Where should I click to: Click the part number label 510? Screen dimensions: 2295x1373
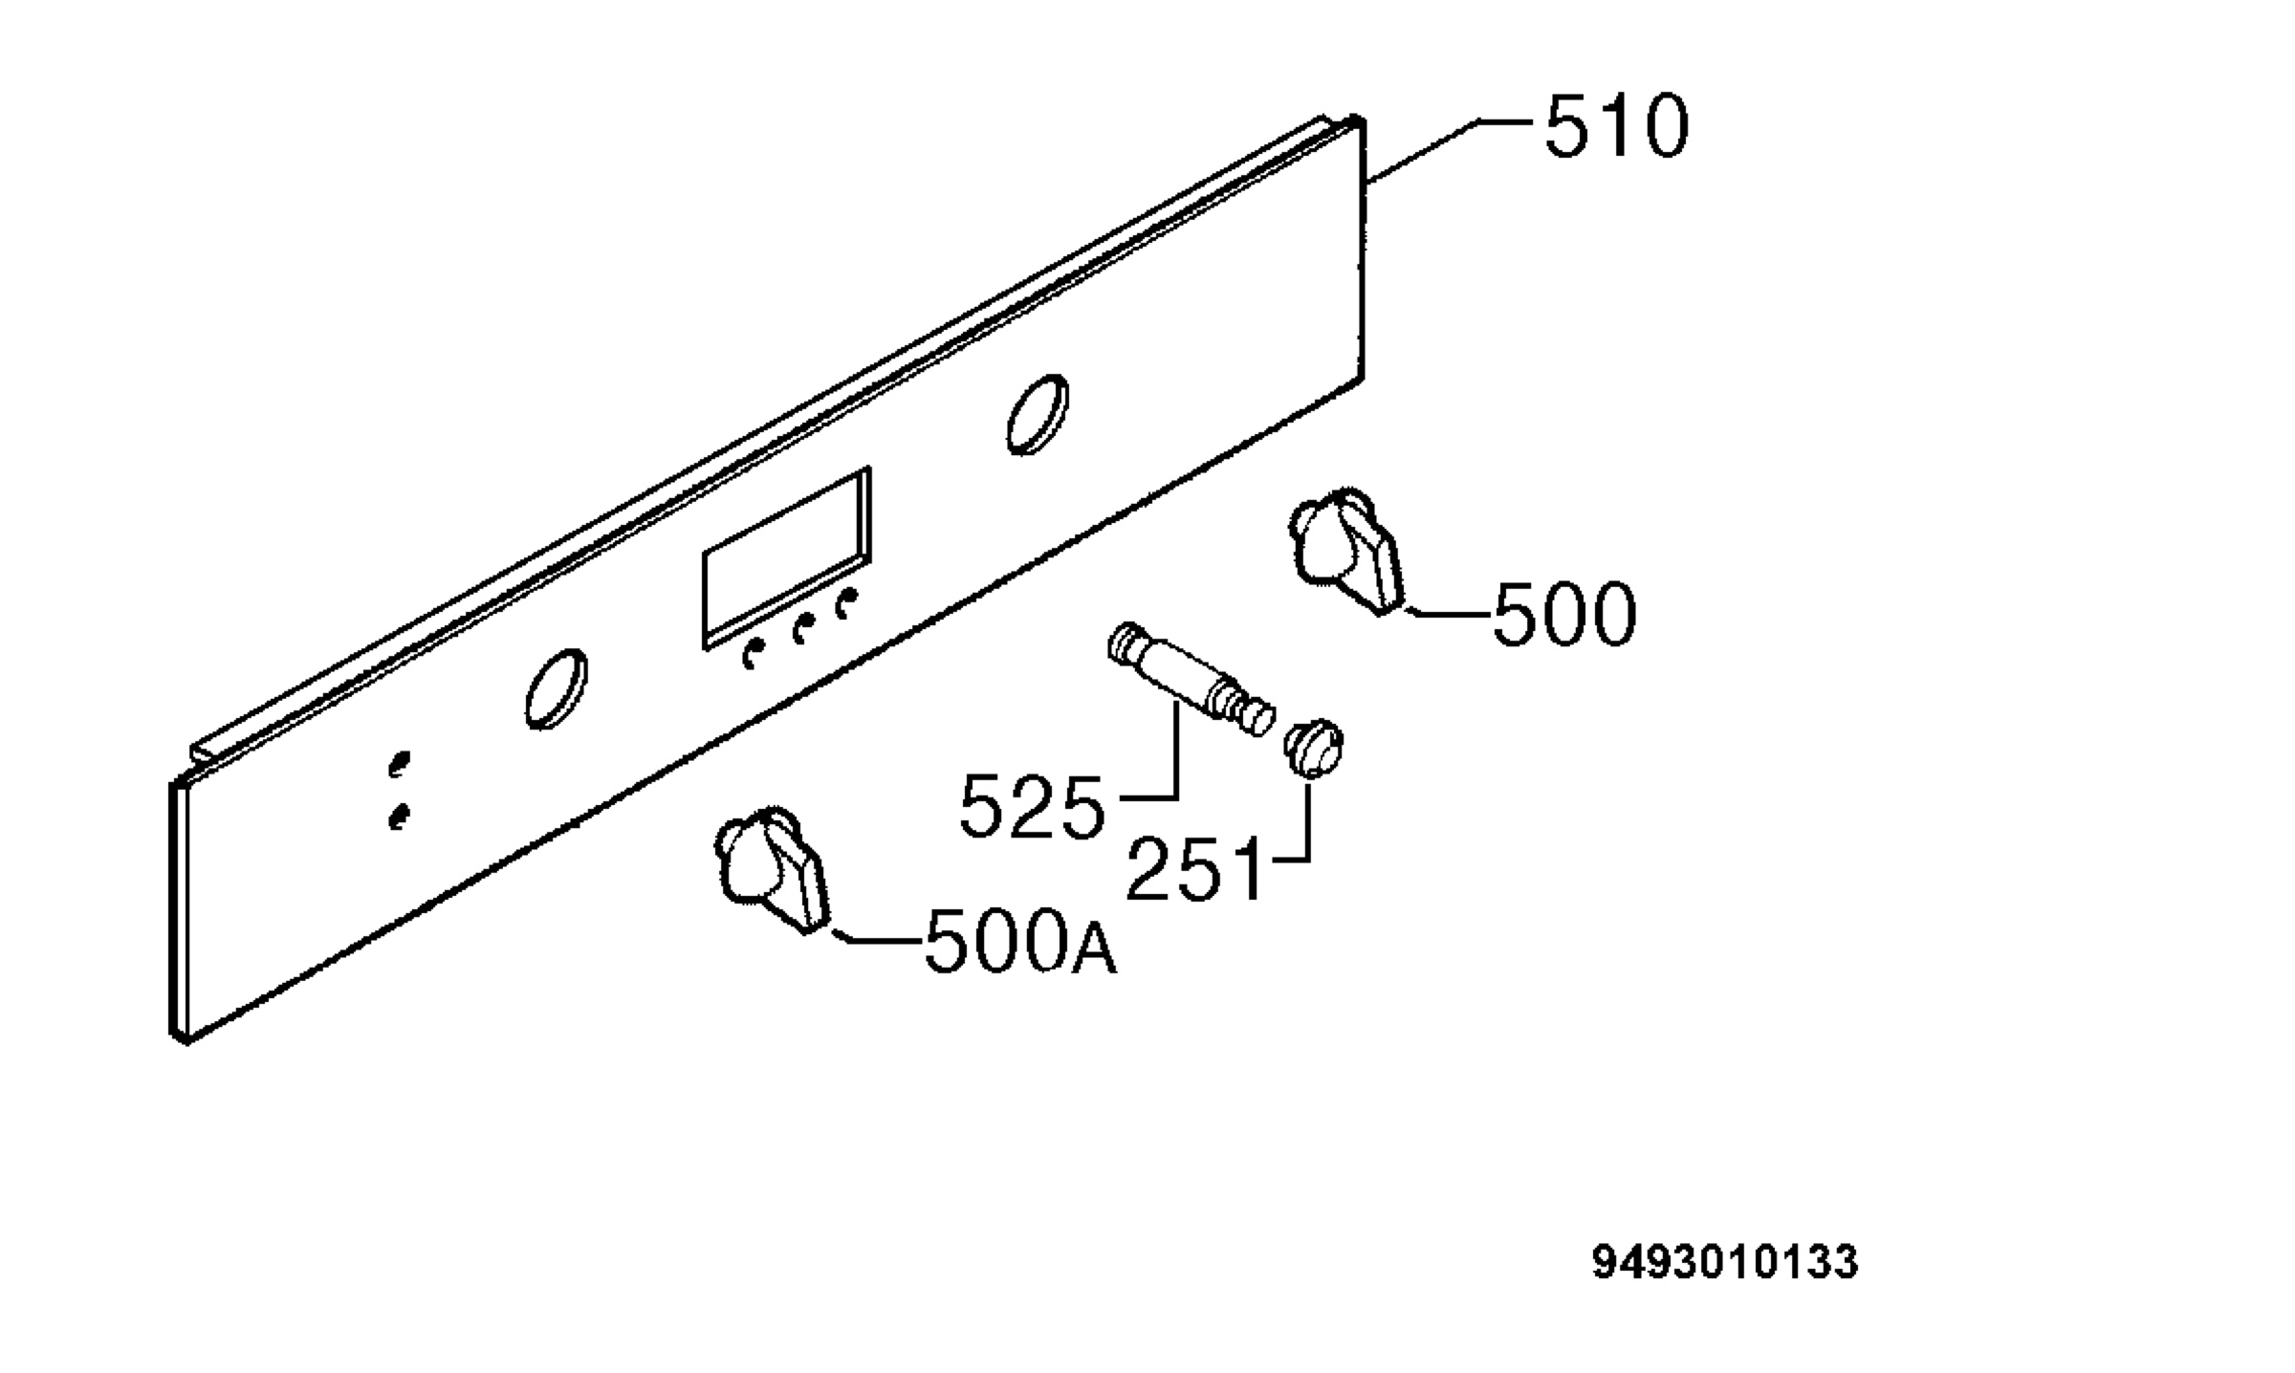point(1617,125)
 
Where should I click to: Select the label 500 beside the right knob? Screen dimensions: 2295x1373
point(1564,614)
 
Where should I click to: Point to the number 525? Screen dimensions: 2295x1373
point(1031,807)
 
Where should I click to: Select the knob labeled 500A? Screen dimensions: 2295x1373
point(771,868)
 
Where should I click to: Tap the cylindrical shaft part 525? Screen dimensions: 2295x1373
point(1191,678)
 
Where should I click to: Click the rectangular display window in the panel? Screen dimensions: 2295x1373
point(787,557)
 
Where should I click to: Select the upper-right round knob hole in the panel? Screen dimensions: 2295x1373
point(1038,413)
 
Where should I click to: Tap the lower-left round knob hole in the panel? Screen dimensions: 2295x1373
point(556,688)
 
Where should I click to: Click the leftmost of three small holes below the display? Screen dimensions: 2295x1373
point(754,655)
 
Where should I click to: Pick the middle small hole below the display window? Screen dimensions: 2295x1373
point(802,628)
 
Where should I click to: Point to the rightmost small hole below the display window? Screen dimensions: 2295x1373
point(846,603)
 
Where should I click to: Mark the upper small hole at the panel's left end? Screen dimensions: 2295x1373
point(399,766)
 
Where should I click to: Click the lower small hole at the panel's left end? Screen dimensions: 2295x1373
point(399,817)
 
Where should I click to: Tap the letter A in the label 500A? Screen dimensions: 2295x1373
point(1094,951)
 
